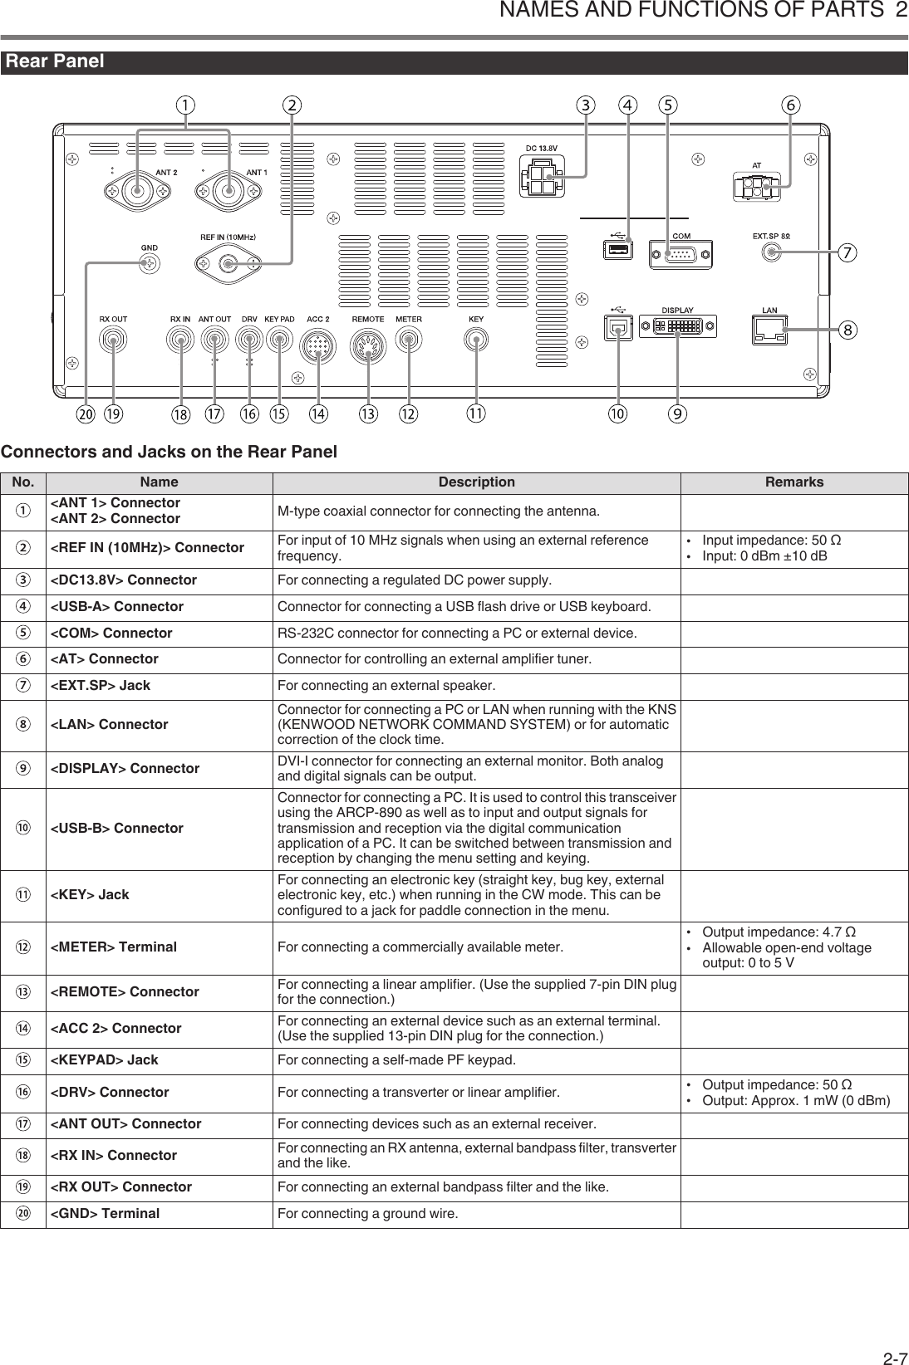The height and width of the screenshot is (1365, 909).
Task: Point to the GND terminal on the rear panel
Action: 149,264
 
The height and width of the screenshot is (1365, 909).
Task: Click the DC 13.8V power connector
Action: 542,177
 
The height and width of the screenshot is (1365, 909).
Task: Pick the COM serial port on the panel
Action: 681,254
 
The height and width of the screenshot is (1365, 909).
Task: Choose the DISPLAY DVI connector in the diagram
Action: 678,326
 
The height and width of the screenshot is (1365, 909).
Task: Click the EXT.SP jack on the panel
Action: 771,254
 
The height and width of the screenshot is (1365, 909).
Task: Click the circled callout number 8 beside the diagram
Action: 848,330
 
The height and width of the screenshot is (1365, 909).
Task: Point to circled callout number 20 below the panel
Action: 86,413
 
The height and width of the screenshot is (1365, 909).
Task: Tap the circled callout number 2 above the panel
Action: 292,105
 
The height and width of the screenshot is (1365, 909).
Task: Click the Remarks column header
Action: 794,482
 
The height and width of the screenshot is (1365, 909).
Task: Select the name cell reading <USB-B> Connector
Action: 117,828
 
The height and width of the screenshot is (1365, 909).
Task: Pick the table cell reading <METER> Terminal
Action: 114,947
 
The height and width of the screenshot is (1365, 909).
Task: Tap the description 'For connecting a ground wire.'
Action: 367,1214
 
